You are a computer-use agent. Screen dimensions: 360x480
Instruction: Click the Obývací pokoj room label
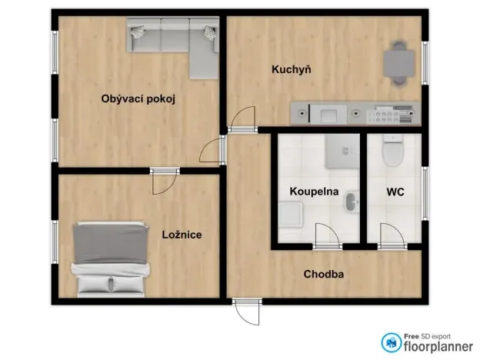139,98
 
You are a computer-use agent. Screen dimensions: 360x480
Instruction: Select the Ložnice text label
182,235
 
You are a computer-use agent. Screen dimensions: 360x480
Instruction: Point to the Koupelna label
314,191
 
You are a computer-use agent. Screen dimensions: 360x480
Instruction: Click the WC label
395,191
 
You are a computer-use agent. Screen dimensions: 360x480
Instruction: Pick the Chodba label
323,274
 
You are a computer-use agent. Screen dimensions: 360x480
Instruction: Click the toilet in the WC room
393,151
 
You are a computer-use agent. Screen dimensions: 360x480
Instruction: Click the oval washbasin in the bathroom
350,203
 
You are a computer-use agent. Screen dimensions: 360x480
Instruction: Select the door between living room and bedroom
164,181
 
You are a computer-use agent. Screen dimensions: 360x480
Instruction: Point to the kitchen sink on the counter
328,115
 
